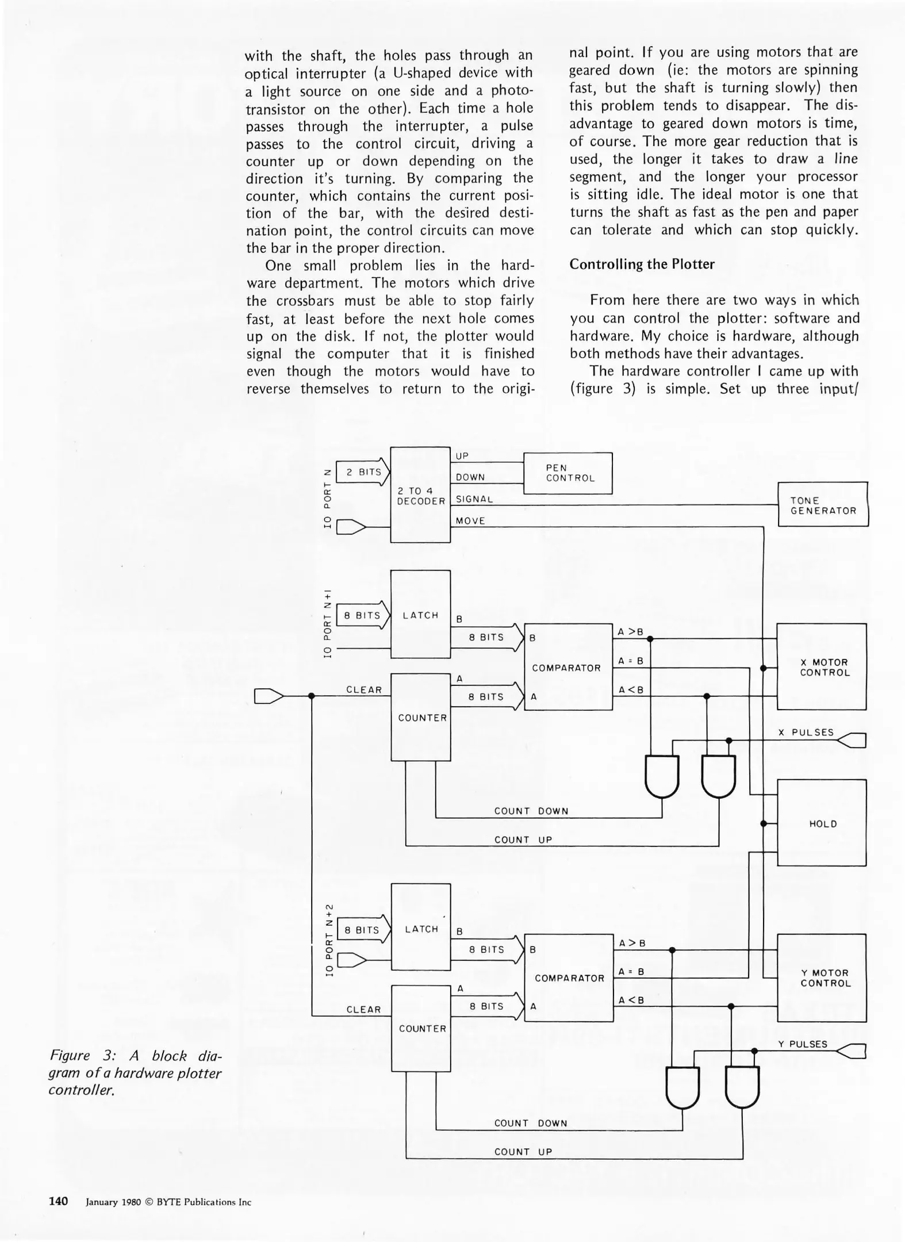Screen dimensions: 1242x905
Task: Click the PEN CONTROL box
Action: [567, 473]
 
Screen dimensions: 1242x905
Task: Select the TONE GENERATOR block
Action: [823, 505]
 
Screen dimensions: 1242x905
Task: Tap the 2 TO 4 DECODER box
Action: [420, 495]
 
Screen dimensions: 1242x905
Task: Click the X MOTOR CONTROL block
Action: [822, 667]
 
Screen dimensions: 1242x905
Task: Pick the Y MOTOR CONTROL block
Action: [822, 977]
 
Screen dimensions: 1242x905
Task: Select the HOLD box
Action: [822, 823]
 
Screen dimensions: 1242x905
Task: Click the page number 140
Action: [58, 1201]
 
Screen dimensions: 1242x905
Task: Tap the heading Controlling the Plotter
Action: [642, 264]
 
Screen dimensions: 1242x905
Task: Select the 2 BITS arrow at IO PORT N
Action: [363, 472]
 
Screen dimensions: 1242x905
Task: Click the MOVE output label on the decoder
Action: [470, 521]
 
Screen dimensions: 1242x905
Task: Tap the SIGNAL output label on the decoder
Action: [474, 499]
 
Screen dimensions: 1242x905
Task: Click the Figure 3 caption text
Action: [135, 1072]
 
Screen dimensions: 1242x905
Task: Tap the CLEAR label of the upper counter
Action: [364, 690]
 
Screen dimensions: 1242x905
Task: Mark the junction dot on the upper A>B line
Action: [650, 638]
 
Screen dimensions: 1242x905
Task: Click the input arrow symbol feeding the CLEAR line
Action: [269, 696]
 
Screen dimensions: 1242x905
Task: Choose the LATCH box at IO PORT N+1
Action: [420, 614]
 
